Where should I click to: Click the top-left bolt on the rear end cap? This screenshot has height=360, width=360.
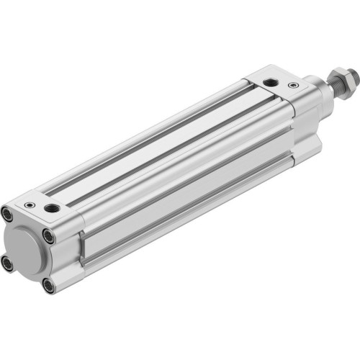8,214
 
